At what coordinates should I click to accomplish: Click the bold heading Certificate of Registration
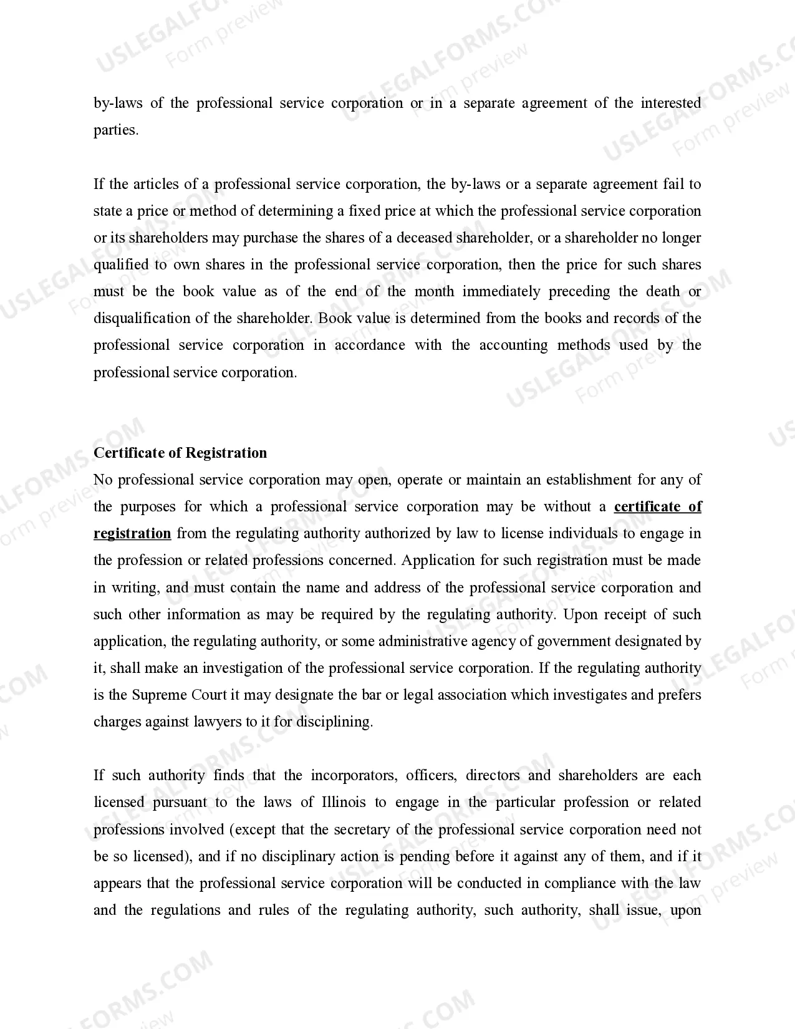[180, 453]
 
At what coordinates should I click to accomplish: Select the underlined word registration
[132, 533]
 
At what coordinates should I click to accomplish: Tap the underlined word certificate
[647, 506]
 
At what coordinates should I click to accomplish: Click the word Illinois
[344, 802]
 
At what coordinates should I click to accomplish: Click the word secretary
[362, 829]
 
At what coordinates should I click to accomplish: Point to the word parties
[115, 130]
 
